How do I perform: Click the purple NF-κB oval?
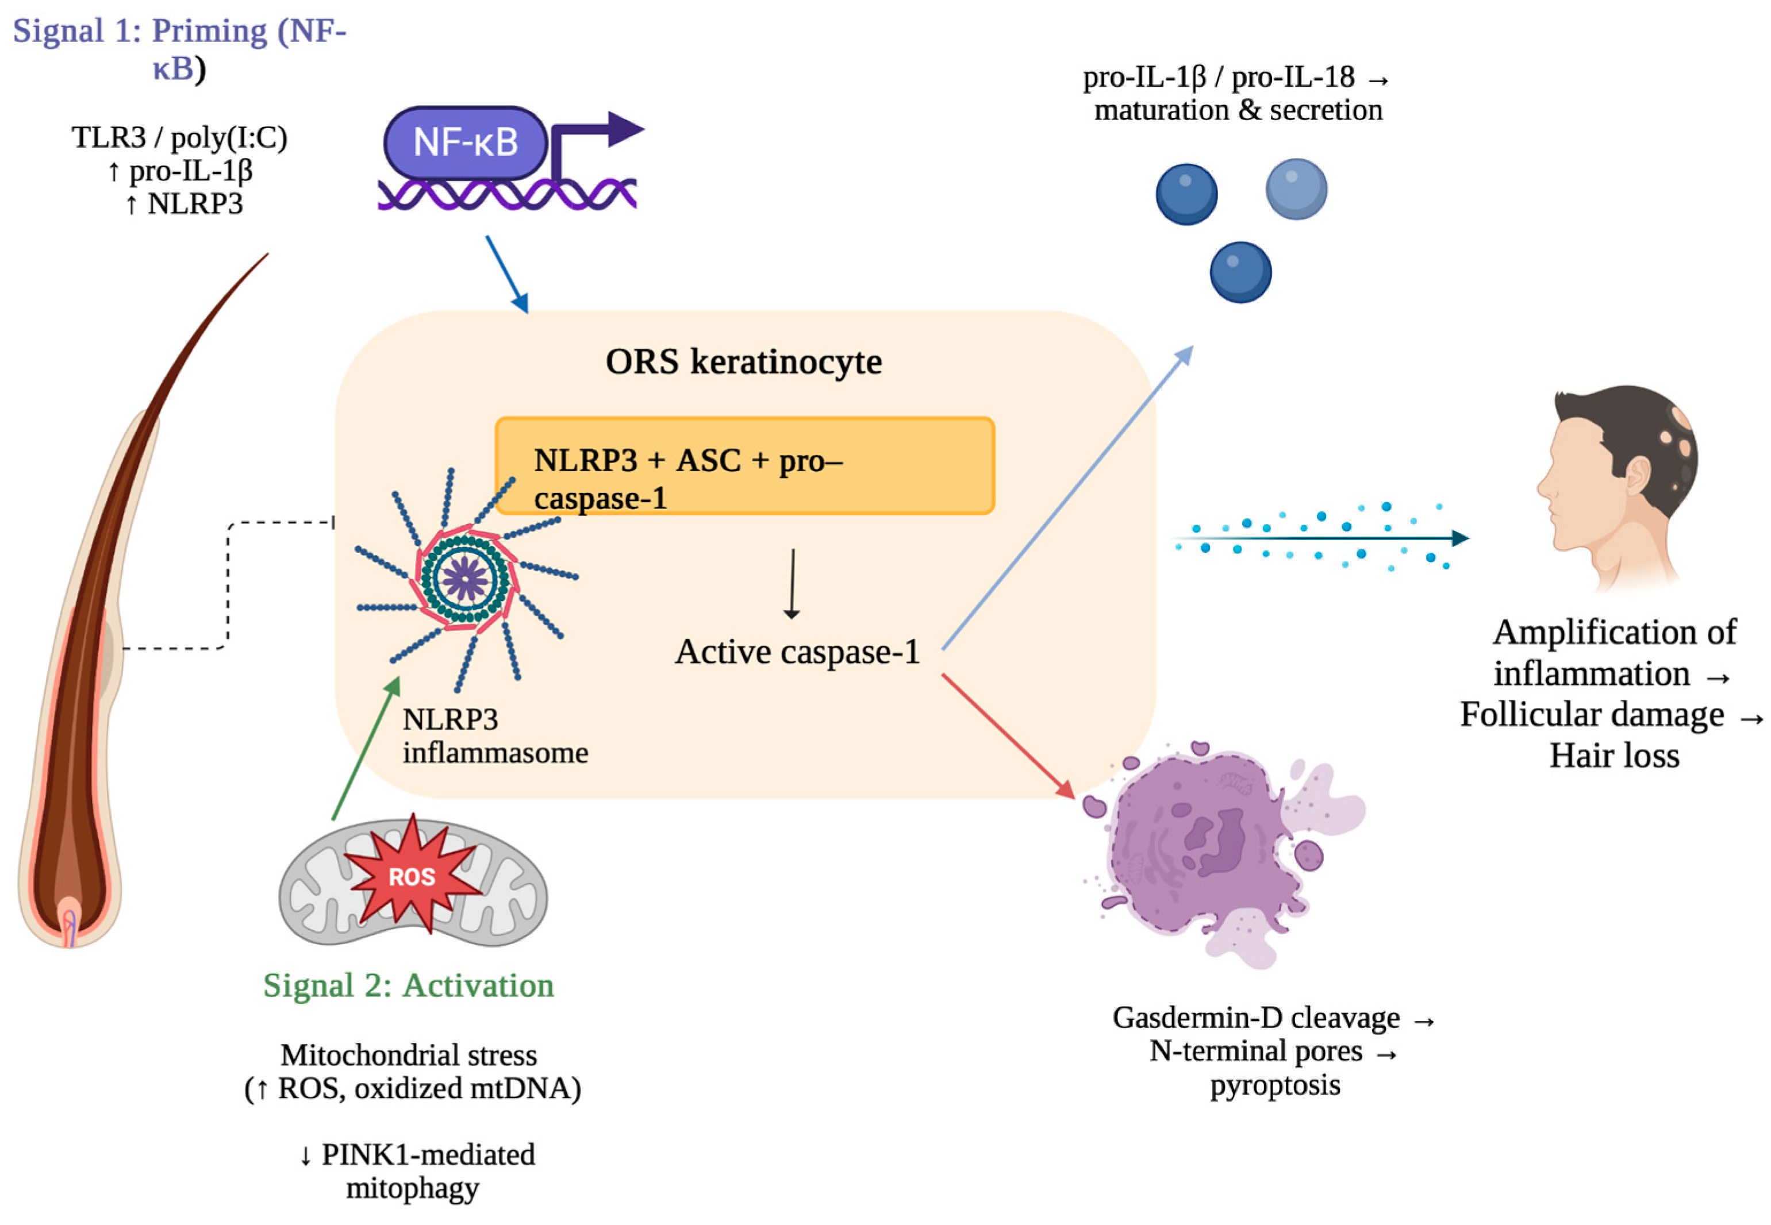click(x=465, y=142)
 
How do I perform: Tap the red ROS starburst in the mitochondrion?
click(x=412, y=876)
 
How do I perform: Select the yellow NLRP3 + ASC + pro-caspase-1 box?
click(x=744, y=466)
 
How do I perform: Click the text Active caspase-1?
click(x=797, y=652)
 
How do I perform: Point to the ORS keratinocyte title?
click(x=743, y=361)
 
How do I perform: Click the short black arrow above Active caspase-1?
click(x=792, y=583)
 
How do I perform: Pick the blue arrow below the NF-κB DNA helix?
click(x=506, y=273)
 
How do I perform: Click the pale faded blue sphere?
click(x=1296, y=189)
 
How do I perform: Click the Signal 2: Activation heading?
click(x=408, y=985)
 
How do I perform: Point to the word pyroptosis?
click(x=1274, y=1085)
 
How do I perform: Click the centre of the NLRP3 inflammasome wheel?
click(x=464, y=577)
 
